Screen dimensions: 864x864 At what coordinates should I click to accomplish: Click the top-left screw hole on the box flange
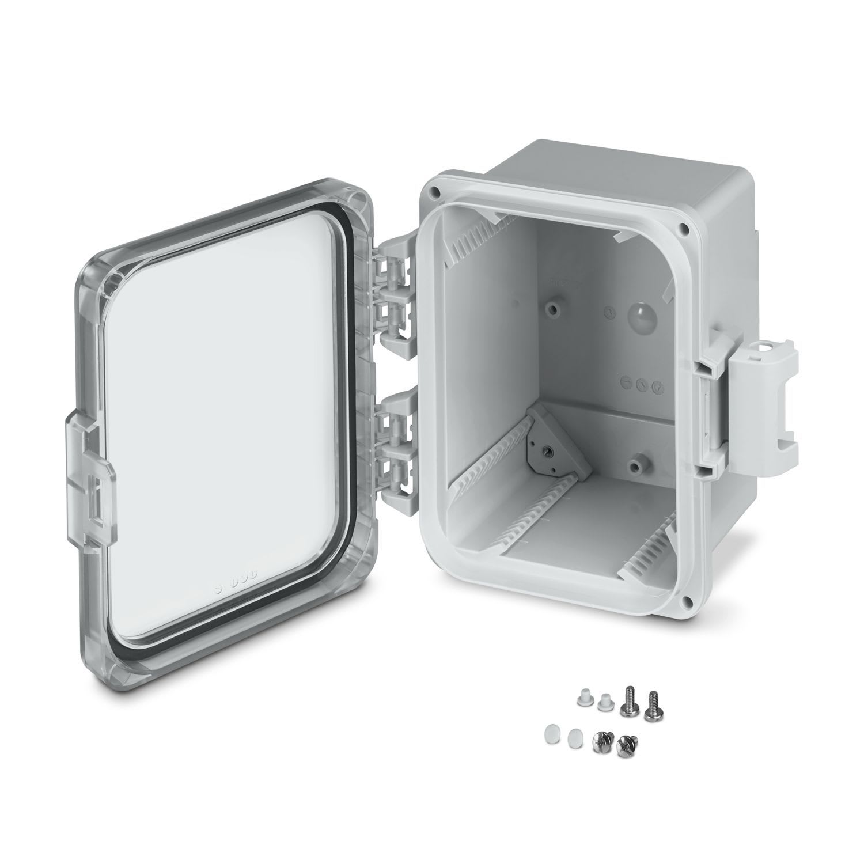[437, 190]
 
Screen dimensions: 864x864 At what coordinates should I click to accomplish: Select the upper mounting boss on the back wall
[554, 310]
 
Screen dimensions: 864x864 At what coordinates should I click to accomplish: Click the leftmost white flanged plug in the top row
[582, 698]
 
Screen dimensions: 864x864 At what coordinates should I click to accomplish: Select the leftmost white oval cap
[550, 734]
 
